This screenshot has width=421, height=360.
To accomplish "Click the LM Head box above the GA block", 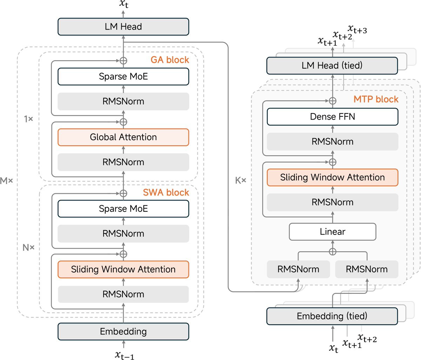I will (123, 27).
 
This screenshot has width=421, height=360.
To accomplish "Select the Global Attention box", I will (123, 137).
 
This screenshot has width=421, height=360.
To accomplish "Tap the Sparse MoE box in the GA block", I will (123, 76).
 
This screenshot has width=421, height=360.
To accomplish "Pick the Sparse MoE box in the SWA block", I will (123, 209).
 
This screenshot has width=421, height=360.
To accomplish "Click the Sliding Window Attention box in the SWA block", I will (123, 269).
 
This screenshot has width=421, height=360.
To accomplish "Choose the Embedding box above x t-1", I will (123, 331).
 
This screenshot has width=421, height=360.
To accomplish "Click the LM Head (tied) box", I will (332, 66).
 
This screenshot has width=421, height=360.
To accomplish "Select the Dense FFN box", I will (332, 116).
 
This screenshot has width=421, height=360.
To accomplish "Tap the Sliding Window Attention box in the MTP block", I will (332, 177).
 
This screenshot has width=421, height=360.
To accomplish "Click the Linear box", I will (332, 232).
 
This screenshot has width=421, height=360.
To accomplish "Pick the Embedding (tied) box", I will (332, 316).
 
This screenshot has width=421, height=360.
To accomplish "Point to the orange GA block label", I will (170, 60).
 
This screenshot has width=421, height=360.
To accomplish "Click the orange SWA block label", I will (166, 192).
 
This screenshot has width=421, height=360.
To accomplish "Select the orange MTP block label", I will (376, 99).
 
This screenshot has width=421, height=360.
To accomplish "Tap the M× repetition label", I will (6, 181).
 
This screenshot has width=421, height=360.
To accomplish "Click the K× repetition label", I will (241, 181).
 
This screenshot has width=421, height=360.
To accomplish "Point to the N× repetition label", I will (28, 247).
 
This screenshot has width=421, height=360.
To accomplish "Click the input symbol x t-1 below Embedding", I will (125, 355).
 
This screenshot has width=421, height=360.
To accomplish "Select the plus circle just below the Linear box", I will (332, 251).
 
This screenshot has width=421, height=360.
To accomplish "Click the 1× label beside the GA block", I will (28, 119).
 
